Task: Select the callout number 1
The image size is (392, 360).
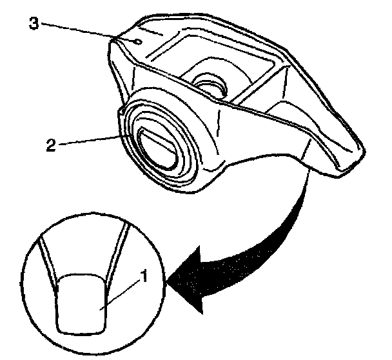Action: pyautogui.click(x=146, y=278)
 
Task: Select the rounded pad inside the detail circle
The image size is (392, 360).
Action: pyautogui.click(x=81, y=303)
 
